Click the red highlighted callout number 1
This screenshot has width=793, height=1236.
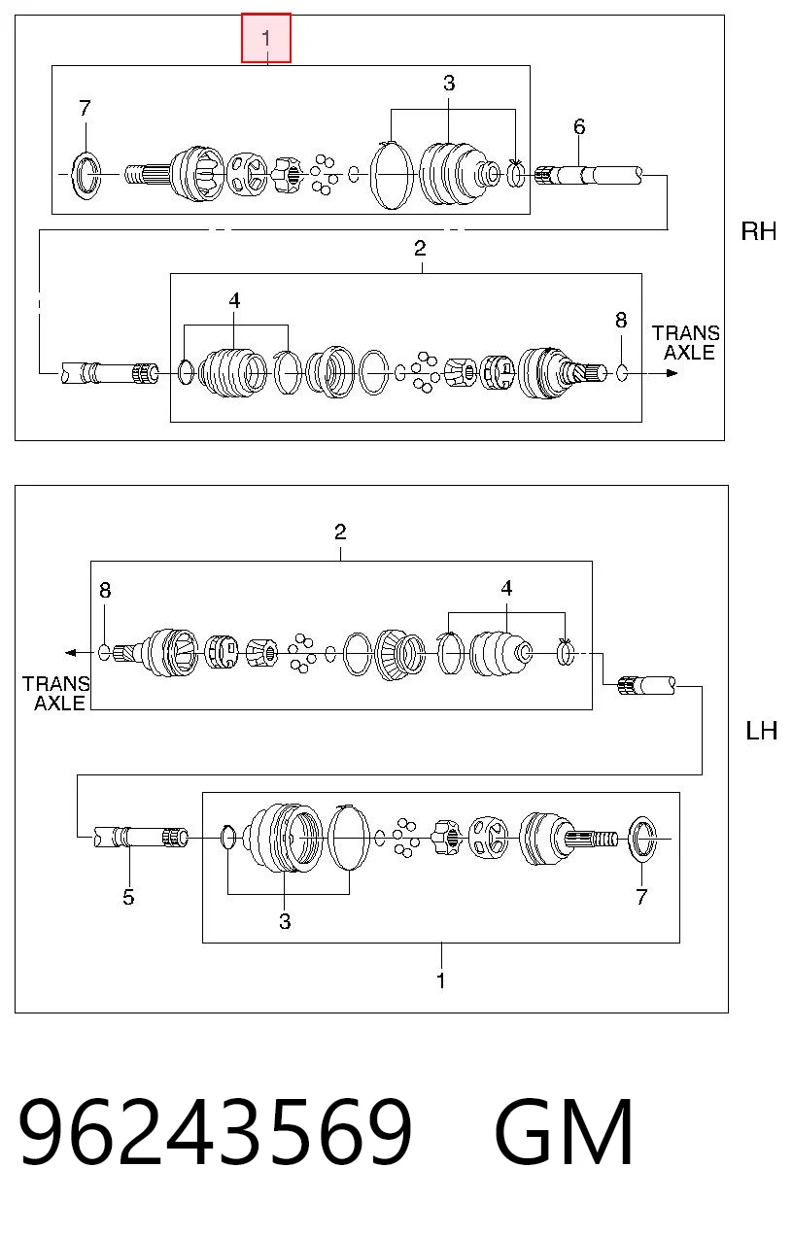click(x=266, y=38)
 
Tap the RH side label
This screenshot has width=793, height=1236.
click(x=759, y=231)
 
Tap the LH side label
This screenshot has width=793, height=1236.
click(x=761, y=731)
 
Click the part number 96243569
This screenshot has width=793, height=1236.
click(x=215, y=1132)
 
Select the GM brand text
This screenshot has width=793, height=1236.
click(x=564, y=1132)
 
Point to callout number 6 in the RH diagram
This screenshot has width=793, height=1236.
click(x=579, y=127)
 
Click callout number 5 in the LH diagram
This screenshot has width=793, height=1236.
click(x=128, y=897)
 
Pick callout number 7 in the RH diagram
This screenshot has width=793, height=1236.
click(x=85, y=108)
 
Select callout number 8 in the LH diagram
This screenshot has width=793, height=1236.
click(x=105, y=591)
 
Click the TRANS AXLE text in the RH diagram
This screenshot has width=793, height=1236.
click(x=686, y=343)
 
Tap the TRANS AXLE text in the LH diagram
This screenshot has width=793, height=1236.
click(x=55, y=694)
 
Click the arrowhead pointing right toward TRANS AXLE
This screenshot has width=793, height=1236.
click(x=672, y=373)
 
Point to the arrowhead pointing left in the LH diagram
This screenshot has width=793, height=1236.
click(x=71, y=653)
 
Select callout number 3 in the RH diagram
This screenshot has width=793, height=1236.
click(x=449, y=84)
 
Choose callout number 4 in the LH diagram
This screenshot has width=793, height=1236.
click(x=506, y=588)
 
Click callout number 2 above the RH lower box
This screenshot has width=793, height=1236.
click(x=420, y=249)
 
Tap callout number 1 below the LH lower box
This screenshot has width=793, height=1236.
click(x=440, y=980)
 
